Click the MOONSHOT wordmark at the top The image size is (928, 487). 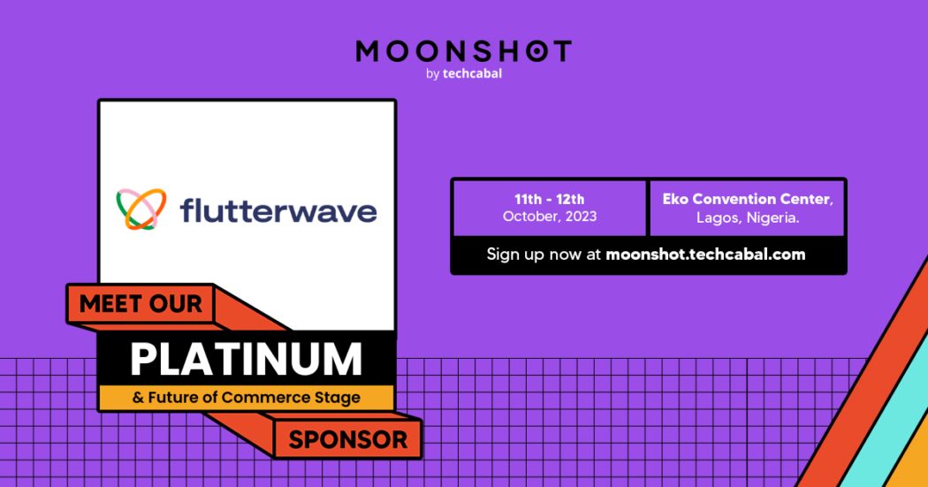[x=464, y=51]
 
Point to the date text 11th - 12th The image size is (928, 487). [x=549, y=200]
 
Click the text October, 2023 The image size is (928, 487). [x=549, y=217]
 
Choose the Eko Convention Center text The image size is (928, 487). [x=748, y=200]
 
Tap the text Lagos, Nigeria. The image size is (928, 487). [x=748, y=217]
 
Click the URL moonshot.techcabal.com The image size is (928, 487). [x=705, y=255]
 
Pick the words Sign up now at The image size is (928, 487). [x=544, y=255]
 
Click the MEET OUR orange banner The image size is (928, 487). [x=141, y=305]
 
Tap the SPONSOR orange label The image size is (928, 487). [x=348, y=439]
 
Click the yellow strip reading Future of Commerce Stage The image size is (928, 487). [x=247, y=398]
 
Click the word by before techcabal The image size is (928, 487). [x=432, y=74]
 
